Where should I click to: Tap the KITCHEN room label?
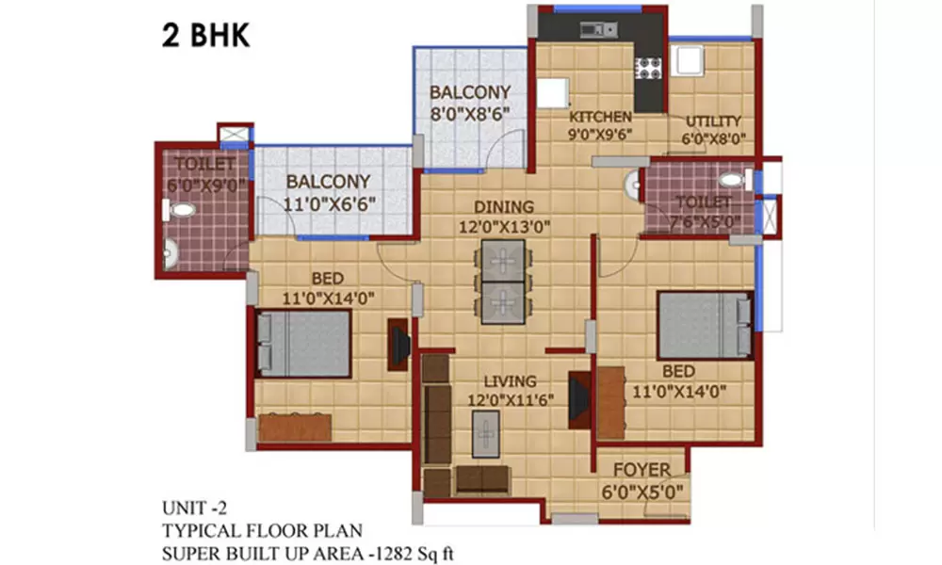coord(600,117)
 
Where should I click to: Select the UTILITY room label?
coord(713,121)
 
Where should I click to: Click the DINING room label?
coord(503,206)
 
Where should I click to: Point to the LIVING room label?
coord(510,381)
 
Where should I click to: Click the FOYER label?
coord(642,469)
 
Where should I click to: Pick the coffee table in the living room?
coord(484,434)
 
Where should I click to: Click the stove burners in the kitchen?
coord(648,67)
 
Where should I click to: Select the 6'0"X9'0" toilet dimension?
coord(206,185)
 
